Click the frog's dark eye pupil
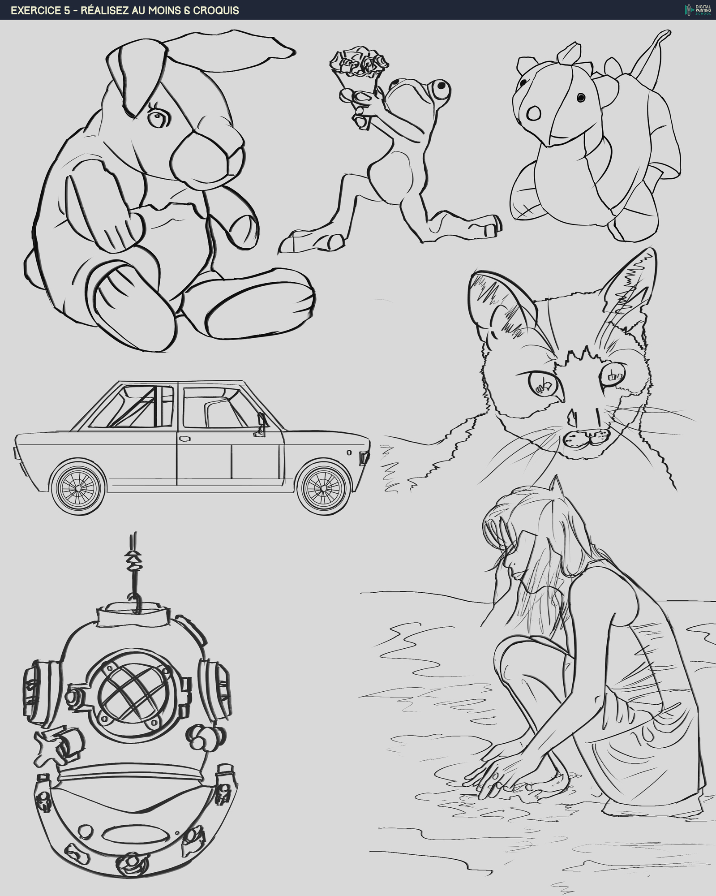point(442,85)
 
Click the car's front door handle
point(184,438)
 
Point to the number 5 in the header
point(67,10)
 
